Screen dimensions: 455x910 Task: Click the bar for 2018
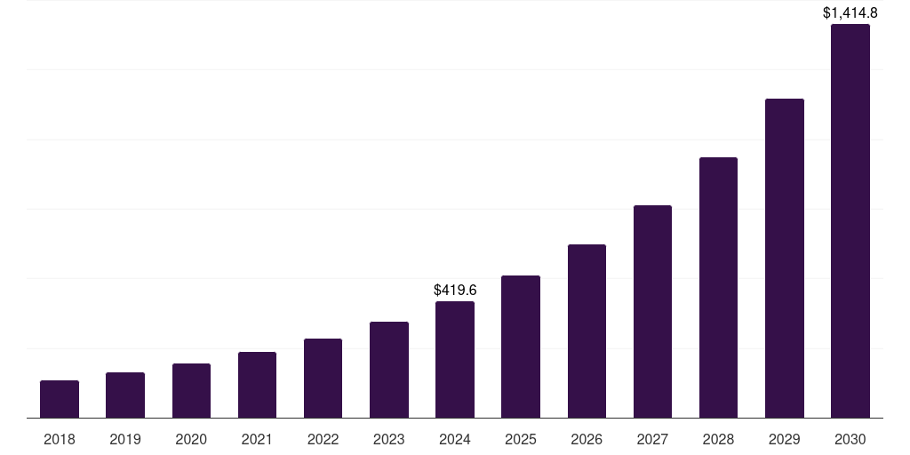60,399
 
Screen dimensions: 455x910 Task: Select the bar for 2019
125,395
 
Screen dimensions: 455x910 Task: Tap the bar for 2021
257,385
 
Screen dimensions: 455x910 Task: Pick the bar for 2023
389,370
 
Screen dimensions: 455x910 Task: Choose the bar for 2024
455,360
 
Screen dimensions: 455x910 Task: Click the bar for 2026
587,331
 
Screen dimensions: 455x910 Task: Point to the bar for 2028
718,288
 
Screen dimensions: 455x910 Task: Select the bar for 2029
784,259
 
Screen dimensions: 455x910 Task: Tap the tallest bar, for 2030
850,221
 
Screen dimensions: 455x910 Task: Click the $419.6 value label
455,291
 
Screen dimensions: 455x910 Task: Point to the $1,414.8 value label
850,12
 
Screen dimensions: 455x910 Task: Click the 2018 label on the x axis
60,439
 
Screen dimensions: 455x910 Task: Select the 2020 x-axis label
191,439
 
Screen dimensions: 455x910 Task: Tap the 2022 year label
323,439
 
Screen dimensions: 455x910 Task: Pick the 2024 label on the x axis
455,439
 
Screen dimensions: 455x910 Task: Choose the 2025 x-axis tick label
521,439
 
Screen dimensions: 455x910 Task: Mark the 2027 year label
652,439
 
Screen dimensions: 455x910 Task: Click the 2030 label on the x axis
850,439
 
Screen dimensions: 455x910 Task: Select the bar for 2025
521,347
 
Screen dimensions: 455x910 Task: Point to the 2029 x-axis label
784,439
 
